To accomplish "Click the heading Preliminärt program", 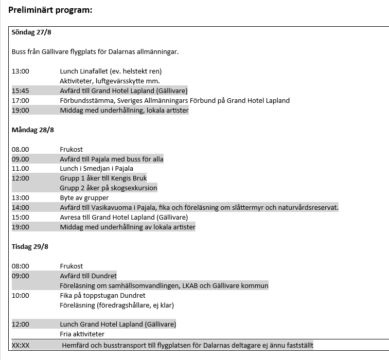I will (x=50, y=10).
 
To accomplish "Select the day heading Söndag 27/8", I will (x=31, y=32).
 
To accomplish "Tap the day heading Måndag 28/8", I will (x=32, y=130).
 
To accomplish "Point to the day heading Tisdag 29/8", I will (x=30, y=246).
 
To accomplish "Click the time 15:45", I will (x=21, y=91).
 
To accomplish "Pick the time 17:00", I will (x=21, y=100).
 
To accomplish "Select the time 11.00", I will (x=21, y=168).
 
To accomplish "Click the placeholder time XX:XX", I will (x=21, y=345).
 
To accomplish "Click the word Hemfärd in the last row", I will (x=76, y=345).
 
